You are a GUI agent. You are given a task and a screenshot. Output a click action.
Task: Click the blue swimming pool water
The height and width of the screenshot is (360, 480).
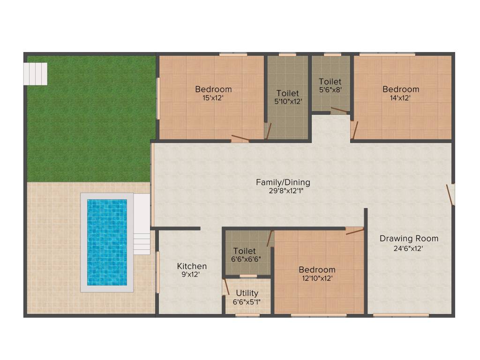pos(107,242)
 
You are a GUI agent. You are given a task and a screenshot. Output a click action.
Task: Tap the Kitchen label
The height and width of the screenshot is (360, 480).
pos(192,266)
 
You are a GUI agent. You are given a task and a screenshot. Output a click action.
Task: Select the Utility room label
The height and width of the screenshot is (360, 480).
pos(247,293)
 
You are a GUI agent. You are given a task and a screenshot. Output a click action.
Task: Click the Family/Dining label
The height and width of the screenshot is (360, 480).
pos(283,182)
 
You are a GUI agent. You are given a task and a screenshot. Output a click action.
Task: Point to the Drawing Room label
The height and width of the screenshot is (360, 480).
pos(409,238)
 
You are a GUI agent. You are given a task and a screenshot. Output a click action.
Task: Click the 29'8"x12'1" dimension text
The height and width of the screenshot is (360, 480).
pos(283,191)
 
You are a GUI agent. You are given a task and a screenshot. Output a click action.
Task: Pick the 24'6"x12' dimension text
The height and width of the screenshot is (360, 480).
pos(409,248)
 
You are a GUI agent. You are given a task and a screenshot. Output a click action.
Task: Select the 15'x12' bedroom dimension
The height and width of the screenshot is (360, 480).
pos(213,98)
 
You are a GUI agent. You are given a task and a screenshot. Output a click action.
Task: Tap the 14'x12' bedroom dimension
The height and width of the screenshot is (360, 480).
pos(401,98)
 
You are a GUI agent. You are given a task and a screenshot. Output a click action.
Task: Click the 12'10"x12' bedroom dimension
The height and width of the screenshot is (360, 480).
pos(317,278)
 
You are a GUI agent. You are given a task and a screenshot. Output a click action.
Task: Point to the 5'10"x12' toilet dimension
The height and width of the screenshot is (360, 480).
pos(287,101)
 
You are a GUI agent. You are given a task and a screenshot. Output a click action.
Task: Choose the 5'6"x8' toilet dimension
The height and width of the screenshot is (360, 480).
pos(330,90)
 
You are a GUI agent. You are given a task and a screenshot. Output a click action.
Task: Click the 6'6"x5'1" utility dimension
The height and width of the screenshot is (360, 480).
pos(247,302)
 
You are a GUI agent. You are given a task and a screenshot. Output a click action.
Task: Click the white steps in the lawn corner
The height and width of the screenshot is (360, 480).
pos(36,74)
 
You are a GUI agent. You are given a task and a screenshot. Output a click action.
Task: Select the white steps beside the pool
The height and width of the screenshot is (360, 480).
pos(141,224)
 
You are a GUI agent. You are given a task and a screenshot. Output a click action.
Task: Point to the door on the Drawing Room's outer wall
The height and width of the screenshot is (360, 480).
pos(450,195)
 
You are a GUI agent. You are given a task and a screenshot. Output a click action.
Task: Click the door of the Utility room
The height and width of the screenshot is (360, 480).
pos(225,287)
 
